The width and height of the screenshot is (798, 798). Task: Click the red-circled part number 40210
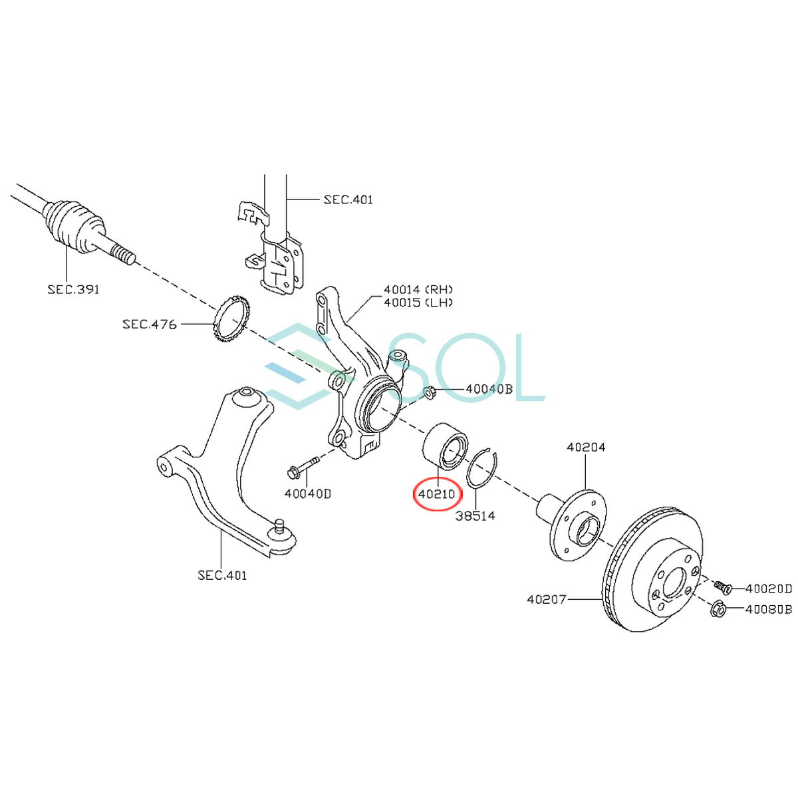click(436, 494)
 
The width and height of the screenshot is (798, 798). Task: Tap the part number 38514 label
click(475, 516)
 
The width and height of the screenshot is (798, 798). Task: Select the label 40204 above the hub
click(586, 448)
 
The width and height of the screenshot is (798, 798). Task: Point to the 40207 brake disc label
click(546, 599)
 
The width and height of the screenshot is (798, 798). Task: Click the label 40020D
click(769, 589)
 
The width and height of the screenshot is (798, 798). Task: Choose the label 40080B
click(769, 610)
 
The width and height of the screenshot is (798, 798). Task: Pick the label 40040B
click(489, 389)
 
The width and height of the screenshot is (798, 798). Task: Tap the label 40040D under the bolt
click(308, 493)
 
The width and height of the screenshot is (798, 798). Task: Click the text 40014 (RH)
click(418, 289)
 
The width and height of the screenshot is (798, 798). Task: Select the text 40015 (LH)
click(418, 303)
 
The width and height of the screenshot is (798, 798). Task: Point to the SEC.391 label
click(74, 289)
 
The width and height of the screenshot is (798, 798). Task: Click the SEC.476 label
click(150, 324)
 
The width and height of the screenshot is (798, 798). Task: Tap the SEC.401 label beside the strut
click(348, 199)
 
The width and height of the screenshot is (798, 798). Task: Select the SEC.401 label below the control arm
click(222, 575)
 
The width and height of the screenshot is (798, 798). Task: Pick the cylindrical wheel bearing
click(444, 447)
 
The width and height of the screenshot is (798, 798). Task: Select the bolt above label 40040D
click(303, 467)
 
